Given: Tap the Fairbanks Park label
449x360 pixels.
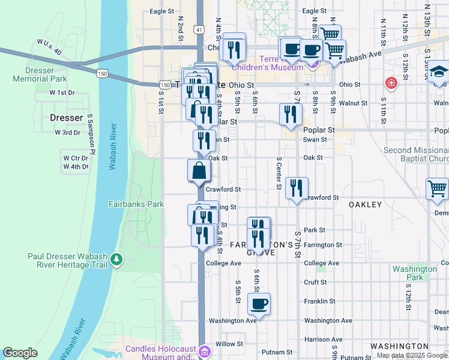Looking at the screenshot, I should [136, 204].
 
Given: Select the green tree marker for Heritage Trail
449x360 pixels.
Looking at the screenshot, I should [116, 260].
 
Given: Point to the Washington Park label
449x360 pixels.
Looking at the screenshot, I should [414, 274].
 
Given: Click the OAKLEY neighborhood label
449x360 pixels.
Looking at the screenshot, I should [365, 205].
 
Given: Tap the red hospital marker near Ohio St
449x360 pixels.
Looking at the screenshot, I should [391, 83].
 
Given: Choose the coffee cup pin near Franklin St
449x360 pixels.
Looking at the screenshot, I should [259, 304].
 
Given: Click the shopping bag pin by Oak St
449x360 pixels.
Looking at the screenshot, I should [199, 171].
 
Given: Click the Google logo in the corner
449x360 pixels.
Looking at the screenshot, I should [20, 353].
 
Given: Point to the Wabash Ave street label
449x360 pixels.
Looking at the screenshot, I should [361, 56].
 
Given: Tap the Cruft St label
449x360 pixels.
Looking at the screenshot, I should [315, 282].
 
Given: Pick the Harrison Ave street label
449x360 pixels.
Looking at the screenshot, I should [323, 339].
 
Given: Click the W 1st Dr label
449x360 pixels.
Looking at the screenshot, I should [62, 92].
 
